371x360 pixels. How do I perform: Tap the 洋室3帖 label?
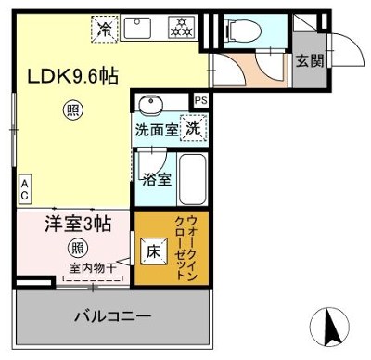(x=76, y=224)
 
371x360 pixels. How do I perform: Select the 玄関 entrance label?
(x=310, y=62)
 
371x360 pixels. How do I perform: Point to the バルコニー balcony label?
(x=113, y=317)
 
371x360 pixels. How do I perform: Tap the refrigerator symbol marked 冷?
(x=107, y=29)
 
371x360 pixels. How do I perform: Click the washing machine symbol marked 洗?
(x=192, y=129)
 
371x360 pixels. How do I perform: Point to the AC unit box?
(x=25, y=189)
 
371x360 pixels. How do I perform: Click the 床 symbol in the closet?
(x=151, y=250)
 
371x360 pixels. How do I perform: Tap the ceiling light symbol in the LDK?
(x=73, y=110)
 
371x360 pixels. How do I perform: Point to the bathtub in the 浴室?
(x=193, y=178)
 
